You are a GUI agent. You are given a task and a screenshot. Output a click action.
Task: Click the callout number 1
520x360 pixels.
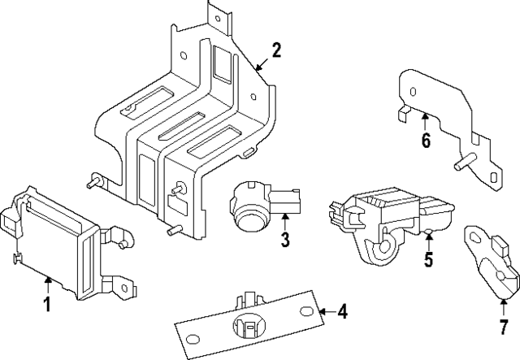47,305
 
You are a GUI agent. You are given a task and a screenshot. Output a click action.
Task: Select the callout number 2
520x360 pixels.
276,51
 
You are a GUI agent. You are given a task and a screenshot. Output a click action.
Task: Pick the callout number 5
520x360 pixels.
428,260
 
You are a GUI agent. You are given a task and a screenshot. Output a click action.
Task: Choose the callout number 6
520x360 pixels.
425,141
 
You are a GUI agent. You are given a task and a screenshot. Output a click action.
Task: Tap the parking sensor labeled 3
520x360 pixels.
260,203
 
